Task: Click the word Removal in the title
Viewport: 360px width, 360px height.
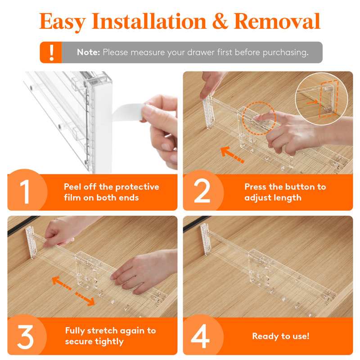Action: point(277,21)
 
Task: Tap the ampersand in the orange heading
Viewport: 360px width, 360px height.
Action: point(220,21)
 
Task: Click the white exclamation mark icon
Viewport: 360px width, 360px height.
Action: point(52,52)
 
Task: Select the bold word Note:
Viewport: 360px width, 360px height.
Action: point(88,52)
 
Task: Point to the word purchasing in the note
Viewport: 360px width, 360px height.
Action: point(285,53)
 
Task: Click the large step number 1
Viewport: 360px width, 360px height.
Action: point(25,192)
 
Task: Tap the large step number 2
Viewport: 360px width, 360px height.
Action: point(202,191)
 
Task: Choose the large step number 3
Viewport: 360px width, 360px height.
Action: point(25,337)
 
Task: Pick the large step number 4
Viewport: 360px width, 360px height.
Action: point(200,336)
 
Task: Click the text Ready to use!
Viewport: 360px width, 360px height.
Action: point(281,336)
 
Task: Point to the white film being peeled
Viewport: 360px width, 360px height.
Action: point(127,112)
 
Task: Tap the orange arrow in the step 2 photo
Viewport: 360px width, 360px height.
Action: point(232,155)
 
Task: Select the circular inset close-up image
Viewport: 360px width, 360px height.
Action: point(321,99)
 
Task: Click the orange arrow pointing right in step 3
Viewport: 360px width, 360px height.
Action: point(85,299)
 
